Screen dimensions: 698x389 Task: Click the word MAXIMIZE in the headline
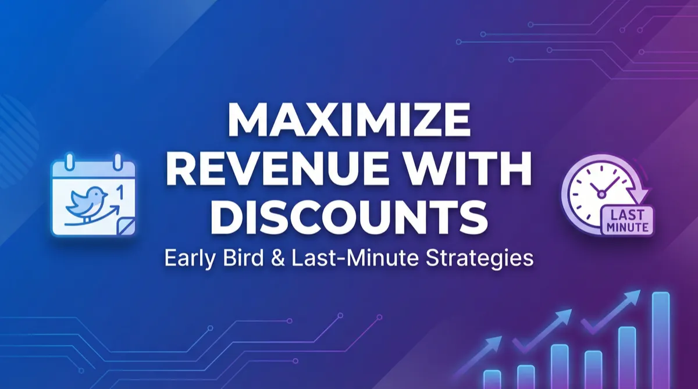(349, 119)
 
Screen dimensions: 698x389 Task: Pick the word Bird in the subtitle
(243, 258)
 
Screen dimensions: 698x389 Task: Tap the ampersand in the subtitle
(278, 259)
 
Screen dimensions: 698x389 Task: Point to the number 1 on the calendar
(120, 192)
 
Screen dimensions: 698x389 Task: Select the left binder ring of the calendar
(70, 161)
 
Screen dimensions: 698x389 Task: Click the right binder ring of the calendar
(117, 161)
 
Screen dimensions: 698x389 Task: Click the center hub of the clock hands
(601, 194)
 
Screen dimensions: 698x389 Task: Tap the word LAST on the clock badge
(627, 215)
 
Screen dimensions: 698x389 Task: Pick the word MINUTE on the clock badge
(627, 227)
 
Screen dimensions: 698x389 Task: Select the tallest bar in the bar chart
(661, 340)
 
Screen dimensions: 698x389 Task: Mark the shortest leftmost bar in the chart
(492, 379)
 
